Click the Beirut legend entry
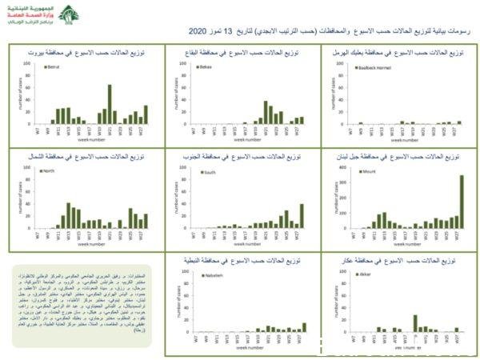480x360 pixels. (x=54, y=68)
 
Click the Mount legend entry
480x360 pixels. (x=370, y=170)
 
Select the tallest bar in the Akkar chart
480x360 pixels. (x=415, y=322)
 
